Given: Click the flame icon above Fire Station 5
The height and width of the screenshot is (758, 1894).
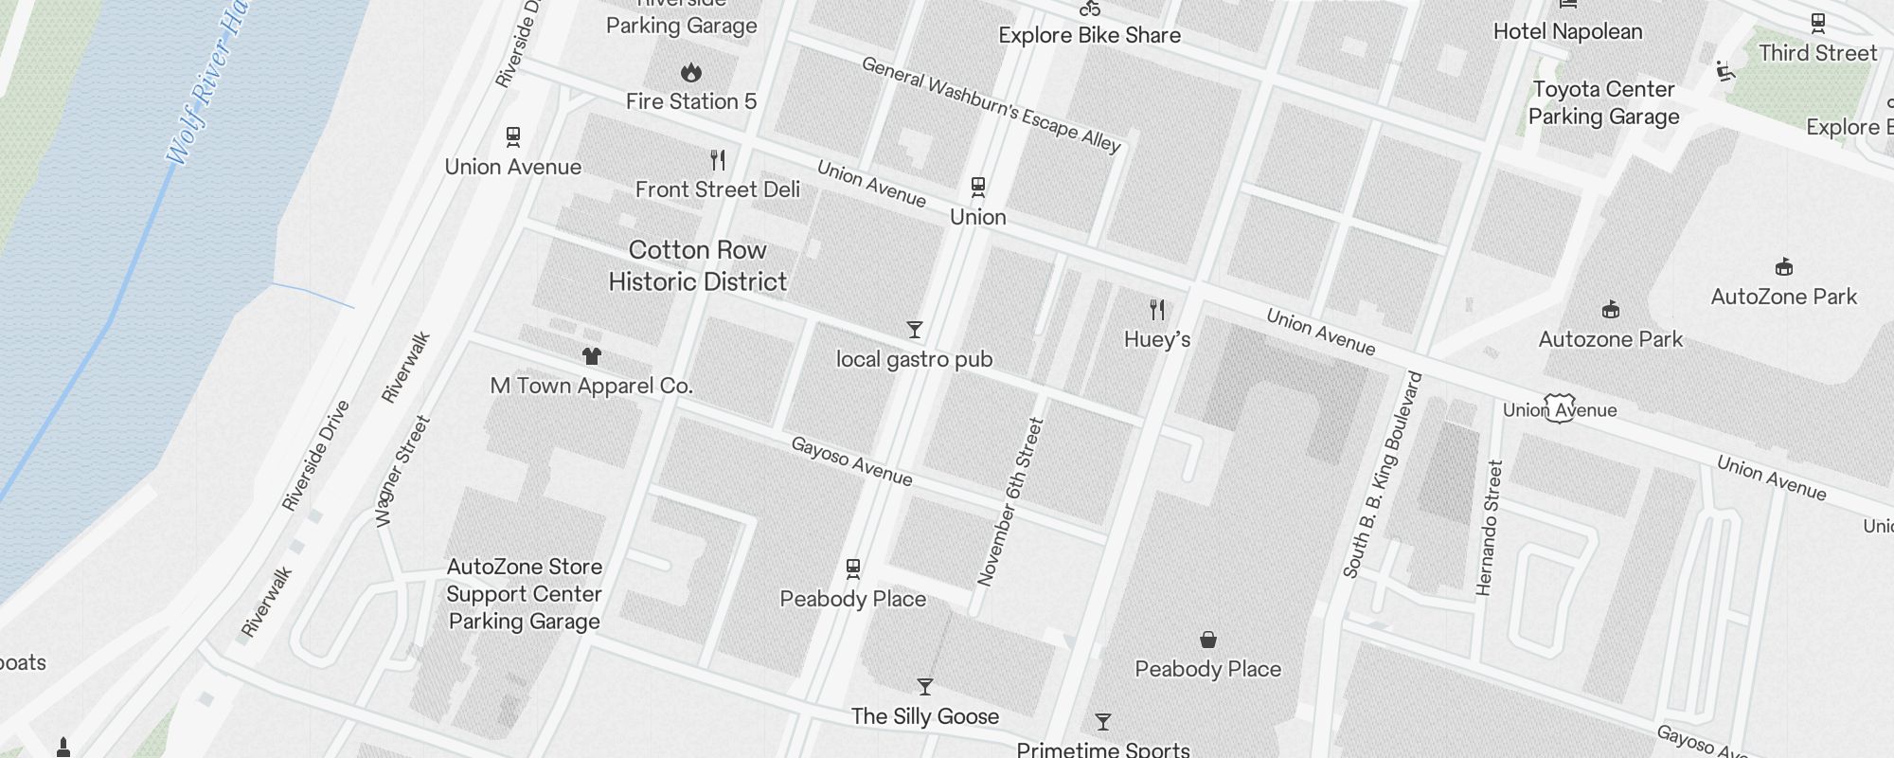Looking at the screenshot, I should [691, 72].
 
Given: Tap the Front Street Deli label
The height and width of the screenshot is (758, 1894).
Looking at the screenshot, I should [717, 189].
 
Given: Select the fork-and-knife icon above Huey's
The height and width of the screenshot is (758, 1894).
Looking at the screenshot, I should [1157, 310].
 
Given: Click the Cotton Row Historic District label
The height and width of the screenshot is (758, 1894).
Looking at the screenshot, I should [698, 266].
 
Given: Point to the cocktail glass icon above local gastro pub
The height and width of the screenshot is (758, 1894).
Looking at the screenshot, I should [915, 330].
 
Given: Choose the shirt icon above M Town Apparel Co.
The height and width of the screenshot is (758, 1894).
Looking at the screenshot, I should [592, 356].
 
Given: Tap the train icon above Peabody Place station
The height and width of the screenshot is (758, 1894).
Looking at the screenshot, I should [853, 568].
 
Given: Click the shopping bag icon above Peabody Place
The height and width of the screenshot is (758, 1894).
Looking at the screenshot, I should [1208, 640].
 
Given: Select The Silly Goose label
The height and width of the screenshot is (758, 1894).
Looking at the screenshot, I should [924, 716].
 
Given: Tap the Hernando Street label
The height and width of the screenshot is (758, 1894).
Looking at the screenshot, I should [1490, 528].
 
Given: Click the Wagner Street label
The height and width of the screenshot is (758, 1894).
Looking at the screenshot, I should [402, 471].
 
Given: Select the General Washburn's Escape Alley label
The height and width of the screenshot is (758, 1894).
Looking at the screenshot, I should [991, 104].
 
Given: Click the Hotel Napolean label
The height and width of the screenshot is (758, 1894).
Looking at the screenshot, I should [1567, 31].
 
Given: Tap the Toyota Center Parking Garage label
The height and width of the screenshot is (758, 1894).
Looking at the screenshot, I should [1603, 102].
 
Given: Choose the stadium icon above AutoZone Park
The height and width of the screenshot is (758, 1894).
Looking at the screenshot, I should [1784, 266].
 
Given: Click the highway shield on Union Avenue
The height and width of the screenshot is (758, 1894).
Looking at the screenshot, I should [1560, 408].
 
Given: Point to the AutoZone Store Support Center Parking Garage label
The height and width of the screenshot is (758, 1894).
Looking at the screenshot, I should [524, 594].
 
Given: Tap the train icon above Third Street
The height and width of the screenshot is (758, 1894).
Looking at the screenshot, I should [1817, 22].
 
